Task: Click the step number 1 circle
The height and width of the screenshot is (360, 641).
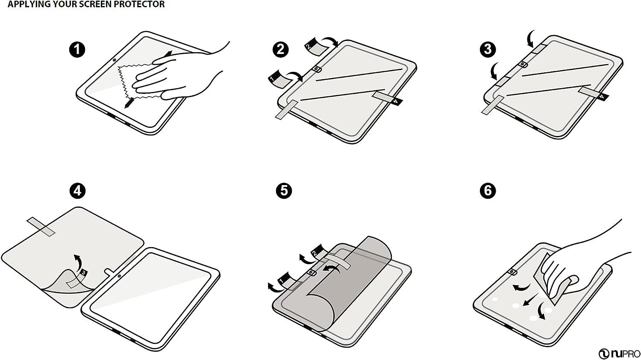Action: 77,49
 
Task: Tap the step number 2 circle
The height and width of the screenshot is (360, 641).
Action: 280,49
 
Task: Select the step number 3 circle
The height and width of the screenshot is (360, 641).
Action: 488,49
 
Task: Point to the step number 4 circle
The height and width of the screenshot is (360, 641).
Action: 77,190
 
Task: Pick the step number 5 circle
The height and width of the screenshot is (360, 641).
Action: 284,190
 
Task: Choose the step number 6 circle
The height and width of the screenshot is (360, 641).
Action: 488,190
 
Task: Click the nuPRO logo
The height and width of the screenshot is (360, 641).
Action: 619,354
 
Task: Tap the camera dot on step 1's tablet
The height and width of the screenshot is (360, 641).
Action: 115,59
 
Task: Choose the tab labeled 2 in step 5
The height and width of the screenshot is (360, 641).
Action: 316,252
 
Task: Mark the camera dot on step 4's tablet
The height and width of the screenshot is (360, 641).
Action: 118,275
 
